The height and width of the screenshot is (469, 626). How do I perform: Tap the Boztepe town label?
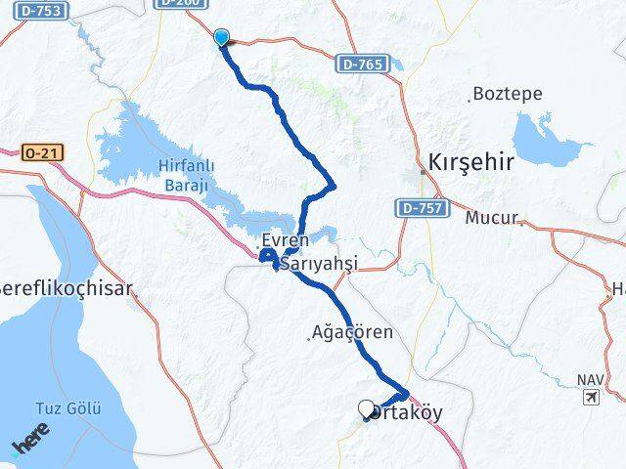pyautogui.click(x=500, y=95)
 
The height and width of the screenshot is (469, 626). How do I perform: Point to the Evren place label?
pyautogui.click(x=285, y=240)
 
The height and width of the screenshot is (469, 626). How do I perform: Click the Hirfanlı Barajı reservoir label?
pyautogui.click(x=186, y=176)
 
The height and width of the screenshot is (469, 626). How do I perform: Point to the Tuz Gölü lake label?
pyautogui.click(x=67, y=408)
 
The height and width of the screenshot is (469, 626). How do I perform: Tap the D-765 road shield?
pyautogui.click(x=359, y=64)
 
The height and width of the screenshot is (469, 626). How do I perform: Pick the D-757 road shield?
pyautogui.click(x=422, y=207)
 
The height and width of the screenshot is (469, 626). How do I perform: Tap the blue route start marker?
pyautogui.click(x=222, y=38)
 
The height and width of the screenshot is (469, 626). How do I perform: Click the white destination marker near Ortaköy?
pyautogui.click(x=367, y=409)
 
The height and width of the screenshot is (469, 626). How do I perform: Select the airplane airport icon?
pyautogui.click(x=591, y=397)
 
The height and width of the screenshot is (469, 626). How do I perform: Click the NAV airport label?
pyautogui.click(x=590, y=379)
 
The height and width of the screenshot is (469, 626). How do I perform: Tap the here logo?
pyautogui.click(x=31, y=445)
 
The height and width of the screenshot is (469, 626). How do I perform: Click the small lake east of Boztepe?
pyautogui.click(x=547, y=139)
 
